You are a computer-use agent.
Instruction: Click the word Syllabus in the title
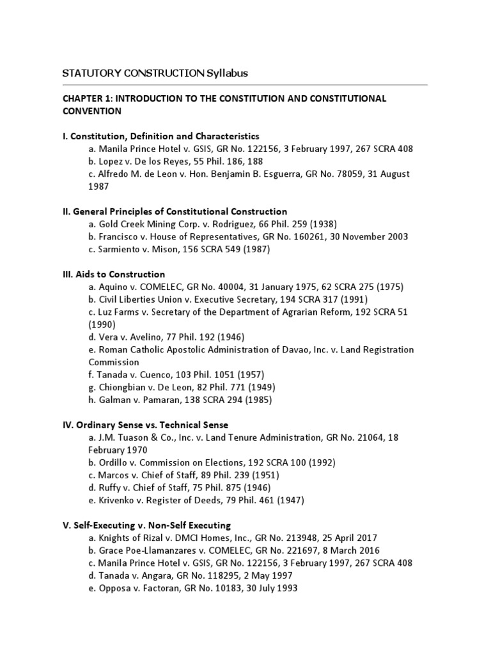tap(226, 73)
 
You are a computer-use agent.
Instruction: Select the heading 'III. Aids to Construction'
tap(113, 274)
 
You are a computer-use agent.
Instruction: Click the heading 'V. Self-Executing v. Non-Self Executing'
tap(146, 525)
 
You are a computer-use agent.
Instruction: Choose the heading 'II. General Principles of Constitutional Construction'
tap(175, 211)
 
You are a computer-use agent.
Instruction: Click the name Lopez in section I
tap(112, 161)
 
